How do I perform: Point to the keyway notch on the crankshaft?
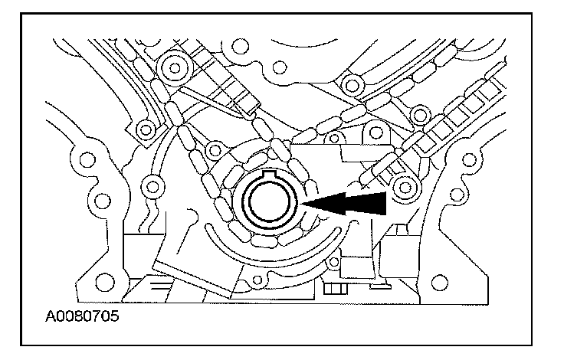click(270, 182)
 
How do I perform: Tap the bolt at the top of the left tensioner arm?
click(175, 68)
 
